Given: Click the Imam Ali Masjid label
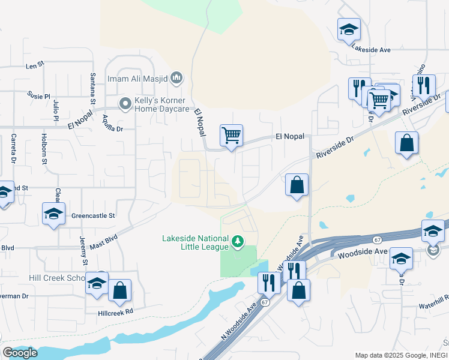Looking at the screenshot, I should (x=137, y=78).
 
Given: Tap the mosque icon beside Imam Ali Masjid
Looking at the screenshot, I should (x=176, y=77).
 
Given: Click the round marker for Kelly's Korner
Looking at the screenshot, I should (x=125, y=104).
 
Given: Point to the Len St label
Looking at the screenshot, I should (x=35, y=63).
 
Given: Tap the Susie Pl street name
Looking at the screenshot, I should (x=38, y=95).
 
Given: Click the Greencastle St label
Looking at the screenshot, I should (x=93, y=215).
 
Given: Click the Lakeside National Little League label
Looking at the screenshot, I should (x=195, y=242).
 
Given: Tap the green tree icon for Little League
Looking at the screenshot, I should (x=238, y=242).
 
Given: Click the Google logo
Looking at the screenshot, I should (x=20, y=352).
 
